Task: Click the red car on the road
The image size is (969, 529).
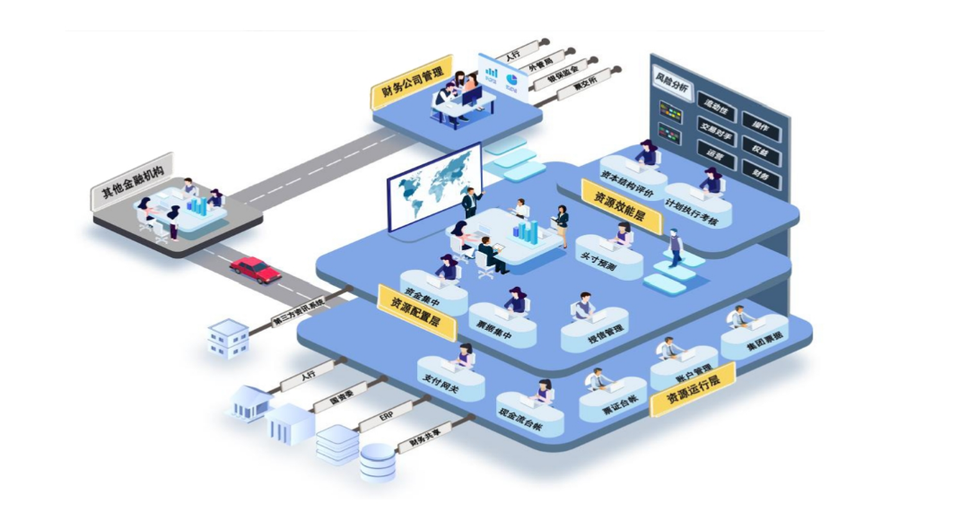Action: (256, 268)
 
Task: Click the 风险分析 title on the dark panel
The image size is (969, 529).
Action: (672, 89)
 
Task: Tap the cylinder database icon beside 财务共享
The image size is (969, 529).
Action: (377, 463)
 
